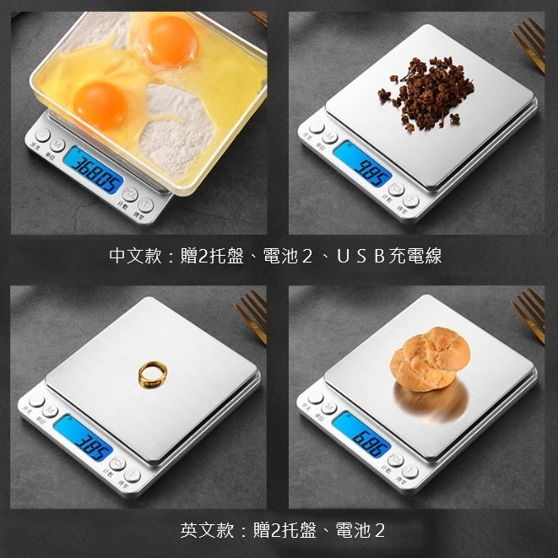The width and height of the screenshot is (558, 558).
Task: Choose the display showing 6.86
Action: point(361,433)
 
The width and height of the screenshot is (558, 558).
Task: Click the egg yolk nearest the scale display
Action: point(100,104)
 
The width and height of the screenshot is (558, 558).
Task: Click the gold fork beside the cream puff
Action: point(530,315)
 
